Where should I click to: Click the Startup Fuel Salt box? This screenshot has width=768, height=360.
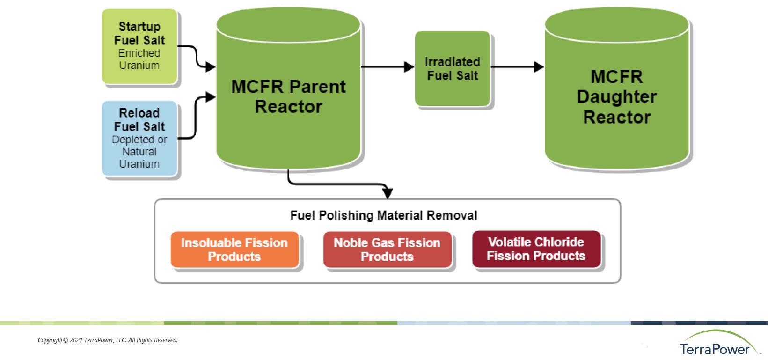coord(139,46)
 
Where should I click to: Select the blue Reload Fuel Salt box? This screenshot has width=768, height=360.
coord(139,138)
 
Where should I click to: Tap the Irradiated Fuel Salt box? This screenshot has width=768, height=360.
coord(453,68)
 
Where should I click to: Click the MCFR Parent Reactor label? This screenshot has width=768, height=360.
coord(288,96)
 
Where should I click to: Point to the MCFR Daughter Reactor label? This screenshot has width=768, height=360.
coord(617,96)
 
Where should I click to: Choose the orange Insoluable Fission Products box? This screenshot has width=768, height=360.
coord(234,250)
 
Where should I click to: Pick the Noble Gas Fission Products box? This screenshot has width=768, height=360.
coord(387,250)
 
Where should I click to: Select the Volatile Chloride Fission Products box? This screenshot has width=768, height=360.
coord(536,249)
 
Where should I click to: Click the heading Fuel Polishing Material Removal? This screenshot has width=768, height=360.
coord(384,215)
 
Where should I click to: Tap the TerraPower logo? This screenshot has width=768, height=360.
coord(716,344)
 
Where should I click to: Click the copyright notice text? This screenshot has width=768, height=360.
coord(108,340)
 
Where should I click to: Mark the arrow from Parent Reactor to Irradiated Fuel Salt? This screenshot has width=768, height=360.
coord(387,67)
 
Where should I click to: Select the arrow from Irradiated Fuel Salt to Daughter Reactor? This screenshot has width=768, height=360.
coord(517,67)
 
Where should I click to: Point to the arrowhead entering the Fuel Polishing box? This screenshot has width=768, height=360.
coord(388,192)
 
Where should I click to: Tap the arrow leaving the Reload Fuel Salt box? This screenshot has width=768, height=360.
coord(196,117)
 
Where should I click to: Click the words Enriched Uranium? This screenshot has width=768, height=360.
coord(139,59)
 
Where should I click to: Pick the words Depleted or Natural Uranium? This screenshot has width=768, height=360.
coord(139,152)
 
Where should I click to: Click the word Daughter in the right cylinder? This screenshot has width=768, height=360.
coord(617,96)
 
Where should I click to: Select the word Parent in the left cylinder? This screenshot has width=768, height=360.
coord(318,87)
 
